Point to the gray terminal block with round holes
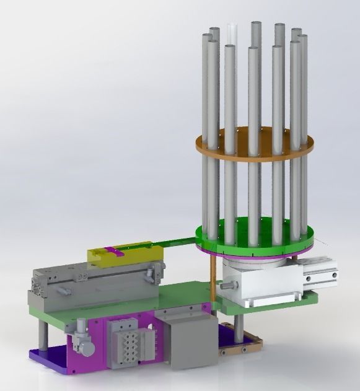coord(125,341)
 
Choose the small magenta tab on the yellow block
coord(111,250)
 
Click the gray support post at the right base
coord(238,328)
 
